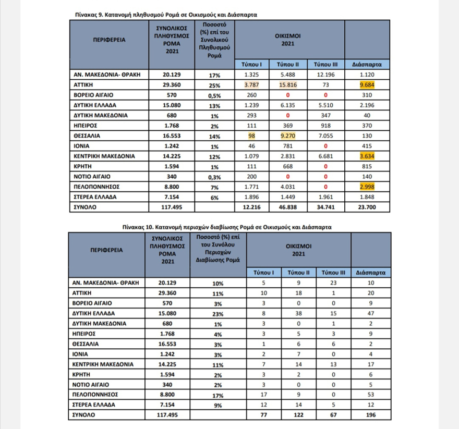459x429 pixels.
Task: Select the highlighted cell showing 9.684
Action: point(367,84)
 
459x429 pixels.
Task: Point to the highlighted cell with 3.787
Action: point(251,84)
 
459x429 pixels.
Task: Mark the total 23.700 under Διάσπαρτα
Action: point(367,206)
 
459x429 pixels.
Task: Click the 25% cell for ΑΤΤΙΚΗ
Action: point(214,85)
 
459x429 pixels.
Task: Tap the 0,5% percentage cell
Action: point(214,95)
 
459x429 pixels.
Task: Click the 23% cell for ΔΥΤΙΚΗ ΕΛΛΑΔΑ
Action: point(218,313)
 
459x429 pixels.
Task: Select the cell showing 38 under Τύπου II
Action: point(298,313)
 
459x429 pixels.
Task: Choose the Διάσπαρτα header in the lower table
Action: point(371,272)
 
